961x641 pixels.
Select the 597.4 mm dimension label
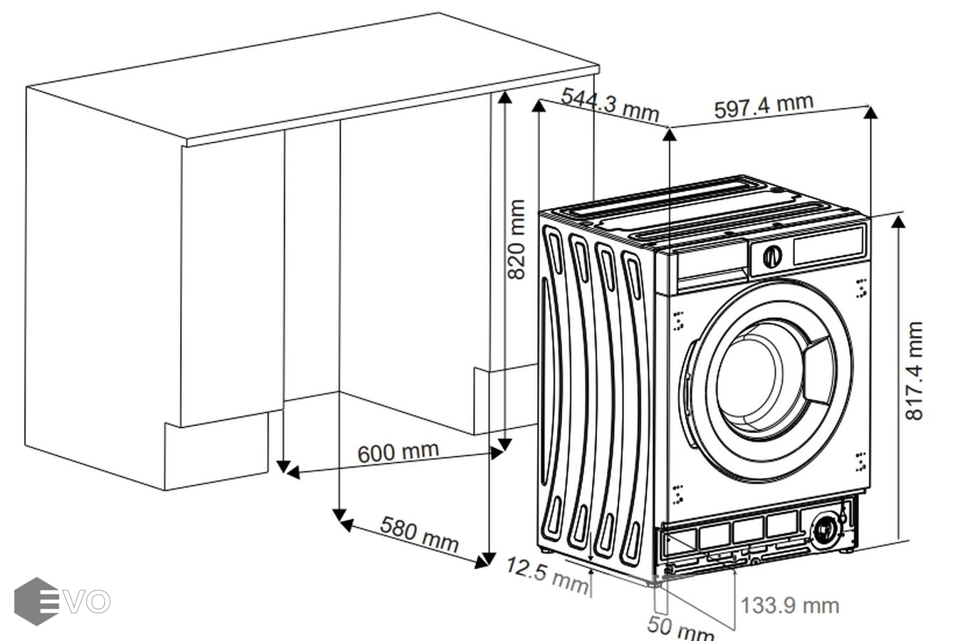click(763, 105)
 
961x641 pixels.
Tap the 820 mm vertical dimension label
click(516, 239)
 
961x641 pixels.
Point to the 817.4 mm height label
click(913, 370)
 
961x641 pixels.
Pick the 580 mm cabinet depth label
click(419, 533)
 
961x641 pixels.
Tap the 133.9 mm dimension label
click(790, 605)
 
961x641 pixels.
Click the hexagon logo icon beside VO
click(36, 601)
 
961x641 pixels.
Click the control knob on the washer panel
click(772, 256)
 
